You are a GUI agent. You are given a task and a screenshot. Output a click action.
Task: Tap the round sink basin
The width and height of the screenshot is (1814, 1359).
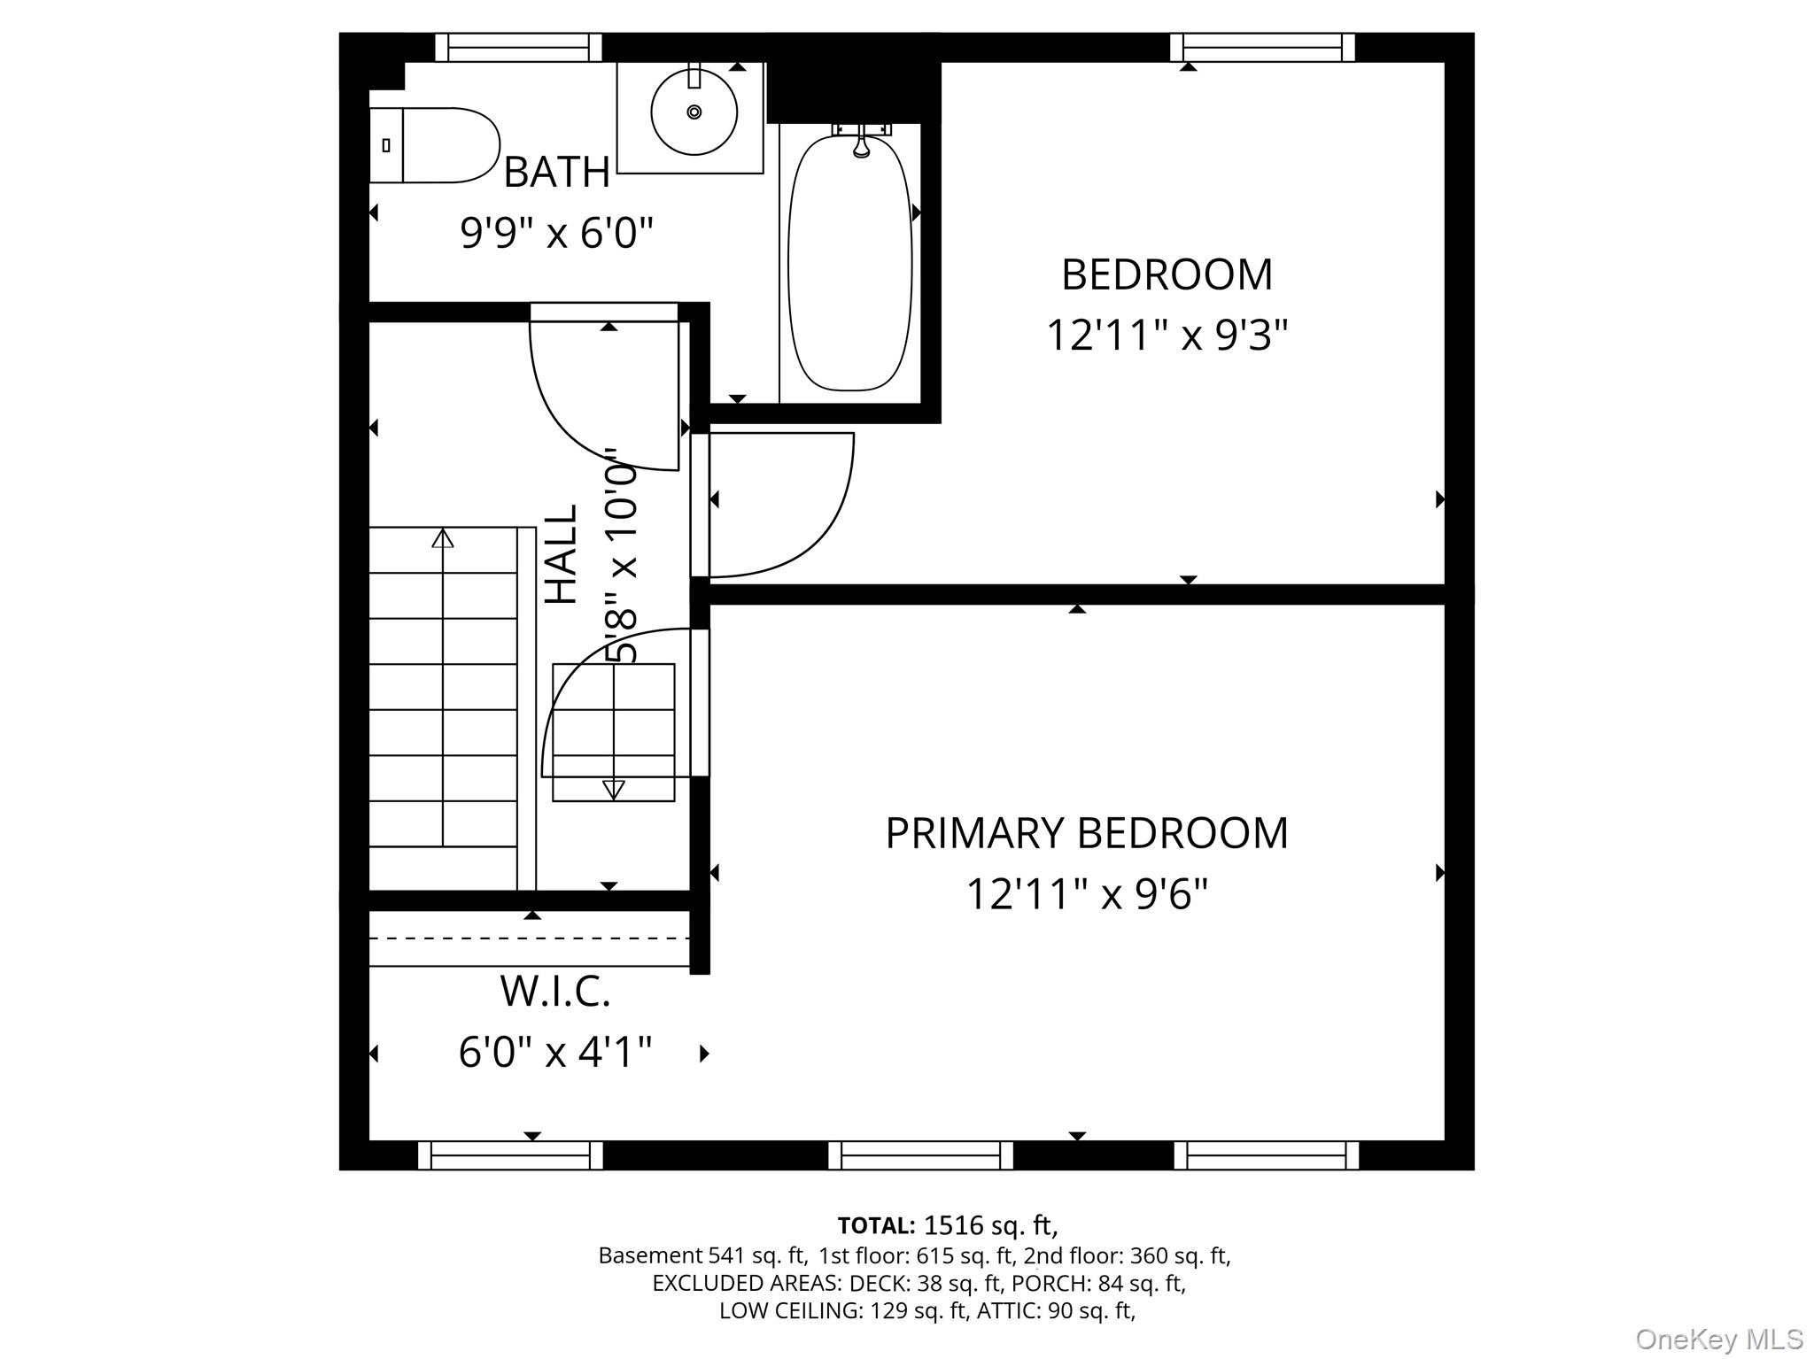click(694, 112)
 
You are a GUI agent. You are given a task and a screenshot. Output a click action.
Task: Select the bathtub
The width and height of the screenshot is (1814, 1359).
click(849, 262)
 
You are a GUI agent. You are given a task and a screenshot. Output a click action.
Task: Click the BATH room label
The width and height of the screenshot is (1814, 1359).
click(556, 172)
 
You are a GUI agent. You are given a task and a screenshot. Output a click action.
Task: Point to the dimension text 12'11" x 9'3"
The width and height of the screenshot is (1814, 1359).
click(1167, 336)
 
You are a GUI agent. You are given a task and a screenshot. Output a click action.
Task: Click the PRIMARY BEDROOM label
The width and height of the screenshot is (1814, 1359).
click(1086, 833)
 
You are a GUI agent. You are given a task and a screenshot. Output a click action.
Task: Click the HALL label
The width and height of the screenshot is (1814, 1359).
click(561, 555)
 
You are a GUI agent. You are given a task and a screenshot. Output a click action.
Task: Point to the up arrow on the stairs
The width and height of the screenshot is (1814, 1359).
click(442, 537)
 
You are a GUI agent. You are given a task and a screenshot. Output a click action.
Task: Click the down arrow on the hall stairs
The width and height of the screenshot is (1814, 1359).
click(613, 789)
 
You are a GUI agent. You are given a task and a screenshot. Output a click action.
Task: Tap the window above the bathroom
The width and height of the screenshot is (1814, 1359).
click(518, 47)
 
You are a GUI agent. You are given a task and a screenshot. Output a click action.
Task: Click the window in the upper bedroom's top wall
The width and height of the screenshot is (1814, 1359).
click(1262, 47)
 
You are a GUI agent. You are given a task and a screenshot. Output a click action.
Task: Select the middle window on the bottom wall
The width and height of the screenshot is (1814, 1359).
click(920, 1155)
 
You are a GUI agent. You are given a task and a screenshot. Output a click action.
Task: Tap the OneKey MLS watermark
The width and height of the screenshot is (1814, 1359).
click(1718, 1339)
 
